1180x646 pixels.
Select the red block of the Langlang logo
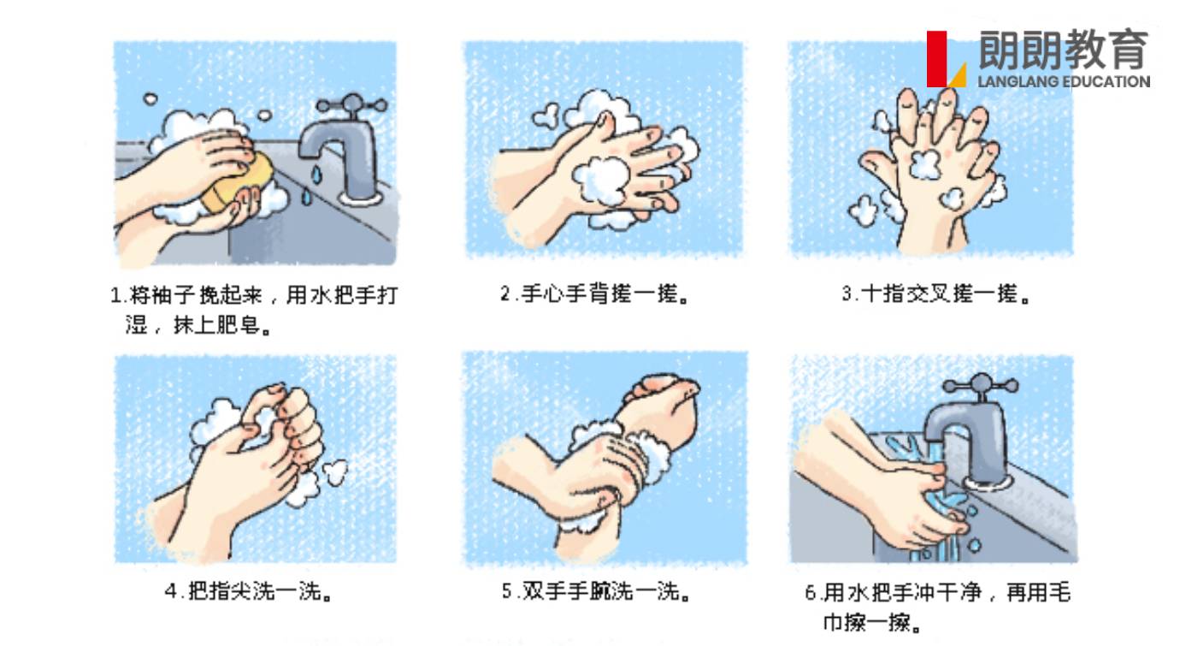pos(936,59)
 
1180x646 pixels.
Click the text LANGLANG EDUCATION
pos(1064,82)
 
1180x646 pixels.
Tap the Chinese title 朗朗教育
pos(1064,50)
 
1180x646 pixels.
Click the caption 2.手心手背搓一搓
pos(595,294)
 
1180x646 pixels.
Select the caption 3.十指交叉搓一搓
pos(935,294)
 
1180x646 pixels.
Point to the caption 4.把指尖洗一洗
pos(249,591)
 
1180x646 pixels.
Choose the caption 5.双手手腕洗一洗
pos(596,591)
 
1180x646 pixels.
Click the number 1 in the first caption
pos(116,295)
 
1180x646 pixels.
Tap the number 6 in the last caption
pos(811,593)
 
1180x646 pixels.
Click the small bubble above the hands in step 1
pos(150,98)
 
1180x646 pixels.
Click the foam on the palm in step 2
pos(601,180)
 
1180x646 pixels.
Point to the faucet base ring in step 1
pos(360,198)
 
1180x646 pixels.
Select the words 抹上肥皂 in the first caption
pos(217,325)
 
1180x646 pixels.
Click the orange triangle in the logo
pos(959,75)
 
